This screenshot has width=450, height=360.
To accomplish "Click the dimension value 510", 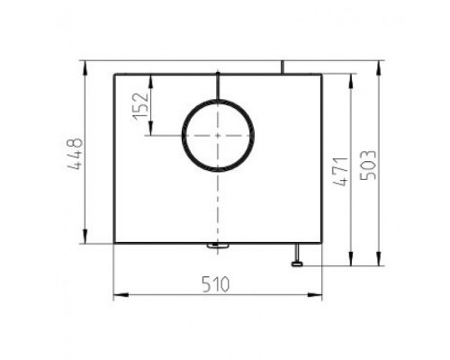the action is pos(215,284).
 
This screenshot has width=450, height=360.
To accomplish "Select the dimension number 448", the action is pos(74,154).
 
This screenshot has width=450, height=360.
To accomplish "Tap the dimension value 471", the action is pos(340,171).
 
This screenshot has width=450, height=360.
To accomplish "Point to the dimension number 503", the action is pos(367,165).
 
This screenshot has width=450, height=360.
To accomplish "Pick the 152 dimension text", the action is pos(141,106).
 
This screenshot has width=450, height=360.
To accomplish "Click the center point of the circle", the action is pos(218,136).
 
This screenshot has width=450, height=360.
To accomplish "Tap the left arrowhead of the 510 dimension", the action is pos(121,295).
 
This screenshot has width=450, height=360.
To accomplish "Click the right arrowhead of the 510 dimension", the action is pos(314,295).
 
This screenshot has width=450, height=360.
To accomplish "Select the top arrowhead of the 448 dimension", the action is pos(85,68).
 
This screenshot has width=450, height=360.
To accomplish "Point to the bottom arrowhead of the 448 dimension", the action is pos(85,236).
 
